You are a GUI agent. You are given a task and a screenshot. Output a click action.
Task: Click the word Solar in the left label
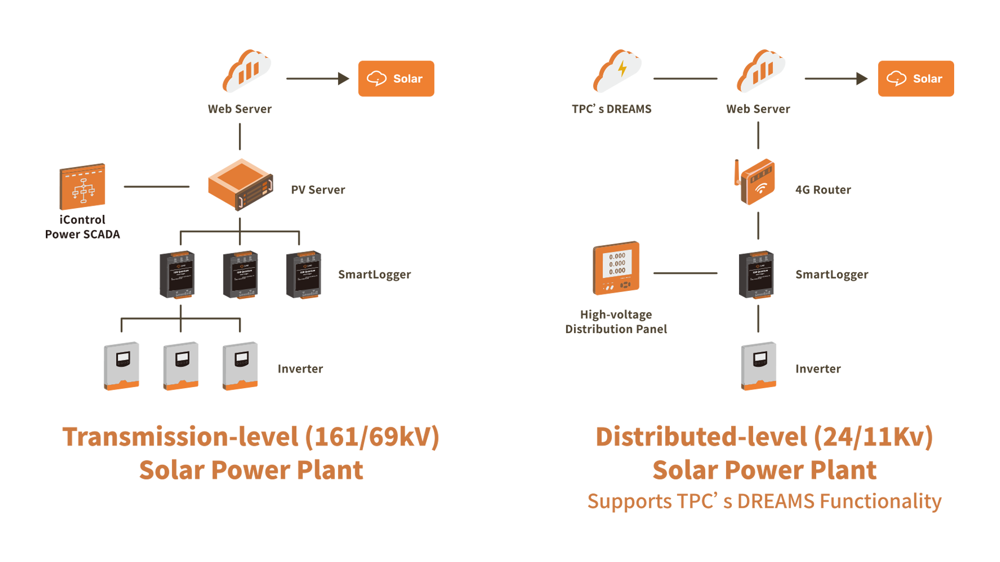408,79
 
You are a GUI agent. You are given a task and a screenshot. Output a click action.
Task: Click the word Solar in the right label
928,79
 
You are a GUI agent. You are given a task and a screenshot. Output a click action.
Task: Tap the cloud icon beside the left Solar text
377,79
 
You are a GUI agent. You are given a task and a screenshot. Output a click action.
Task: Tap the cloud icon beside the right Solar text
896,79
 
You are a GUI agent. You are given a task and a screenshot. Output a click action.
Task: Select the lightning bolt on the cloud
622,69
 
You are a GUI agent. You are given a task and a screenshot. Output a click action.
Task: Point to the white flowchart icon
83,190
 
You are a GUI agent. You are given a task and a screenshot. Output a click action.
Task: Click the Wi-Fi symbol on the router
761,188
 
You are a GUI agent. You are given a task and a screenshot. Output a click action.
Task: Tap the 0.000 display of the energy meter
617,263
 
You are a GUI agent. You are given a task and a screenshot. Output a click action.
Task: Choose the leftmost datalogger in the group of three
181,278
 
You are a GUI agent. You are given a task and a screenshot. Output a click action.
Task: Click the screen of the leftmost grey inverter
123,359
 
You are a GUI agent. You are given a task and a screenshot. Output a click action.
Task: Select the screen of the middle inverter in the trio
182,359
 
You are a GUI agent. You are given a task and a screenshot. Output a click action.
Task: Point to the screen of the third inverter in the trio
242,359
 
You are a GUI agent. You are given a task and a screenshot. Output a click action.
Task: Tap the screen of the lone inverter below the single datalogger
760,359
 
